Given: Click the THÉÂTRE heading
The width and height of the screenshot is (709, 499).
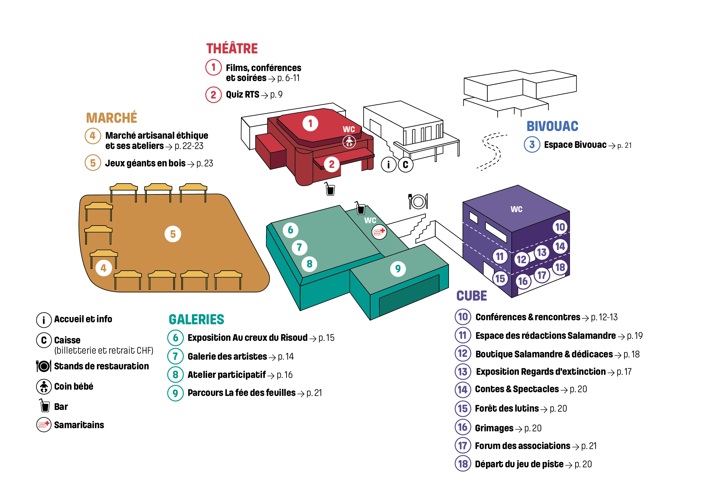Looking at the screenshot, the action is (x=232, y=49).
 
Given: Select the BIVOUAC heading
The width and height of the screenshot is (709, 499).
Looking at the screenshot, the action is (x=552, y=126).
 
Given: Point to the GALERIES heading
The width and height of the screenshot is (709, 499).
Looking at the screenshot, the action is (x=196, y=319).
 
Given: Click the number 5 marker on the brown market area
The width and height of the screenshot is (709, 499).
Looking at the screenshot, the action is (x=173, y=234).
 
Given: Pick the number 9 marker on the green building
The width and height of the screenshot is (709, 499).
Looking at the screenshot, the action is (x=398, y=269).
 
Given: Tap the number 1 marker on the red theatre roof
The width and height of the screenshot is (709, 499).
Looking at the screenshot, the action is (x=310, y=123).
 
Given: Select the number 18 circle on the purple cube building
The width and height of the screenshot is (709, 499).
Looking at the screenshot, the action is (x=560, y=267).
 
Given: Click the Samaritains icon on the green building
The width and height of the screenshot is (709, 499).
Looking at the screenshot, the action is (x=379, y=232).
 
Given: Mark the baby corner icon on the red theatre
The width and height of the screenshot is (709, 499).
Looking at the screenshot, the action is (x=349, y=142).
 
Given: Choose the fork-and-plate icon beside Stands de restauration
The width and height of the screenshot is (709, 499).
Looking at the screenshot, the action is (x=43, y=366).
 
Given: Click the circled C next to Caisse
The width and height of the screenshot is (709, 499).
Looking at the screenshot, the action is (x=44, y=340).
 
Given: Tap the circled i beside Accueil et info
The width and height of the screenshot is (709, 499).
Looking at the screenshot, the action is (x=44, y=319).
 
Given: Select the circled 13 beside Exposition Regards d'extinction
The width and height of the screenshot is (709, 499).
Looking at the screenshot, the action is (x=463, y=372).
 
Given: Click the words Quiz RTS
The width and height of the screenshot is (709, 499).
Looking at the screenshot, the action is (x=242, y=94).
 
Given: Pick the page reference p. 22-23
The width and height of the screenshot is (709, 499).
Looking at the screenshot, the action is (x=189, y=146).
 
